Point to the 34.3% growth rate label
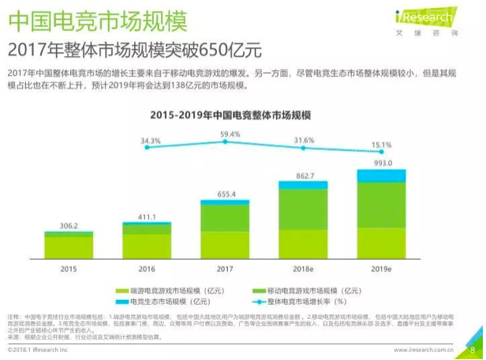(x=150, y=141)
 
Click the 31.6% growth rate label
(x=304, y=141)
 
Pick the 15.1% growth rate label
(x=382, y=144)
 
